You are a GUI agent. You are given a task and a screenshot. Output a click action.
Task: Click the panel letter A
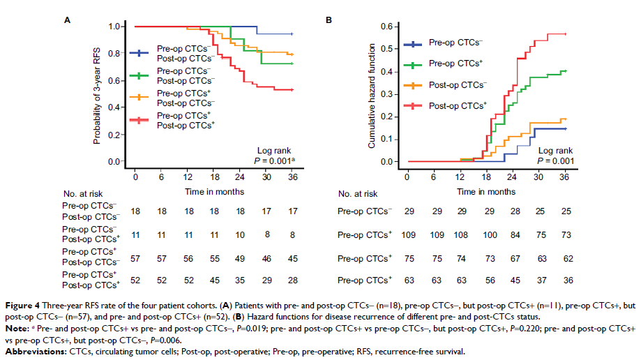click(68, 21)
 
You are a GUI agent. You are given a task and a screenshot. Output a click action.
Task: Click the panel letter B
click(329, 21)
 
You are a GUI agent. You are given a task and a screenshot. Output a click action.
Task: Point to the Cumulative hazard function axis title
click(371, 95)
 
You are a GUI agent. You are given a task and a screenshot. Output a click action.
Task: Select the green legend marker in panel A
click(141, 76)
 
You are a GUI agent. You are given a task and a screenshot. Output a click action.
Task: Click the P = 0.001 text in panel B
click(555, 161)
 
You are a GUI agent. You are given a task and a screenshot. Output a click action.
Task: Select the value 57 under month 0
click(136, 259)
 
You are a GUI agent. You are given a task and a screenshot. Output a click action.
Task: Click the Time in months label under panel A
click(214, 191)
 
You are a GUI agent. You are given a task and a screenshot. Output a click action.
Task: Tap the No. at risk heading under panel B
click(357, 194)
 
